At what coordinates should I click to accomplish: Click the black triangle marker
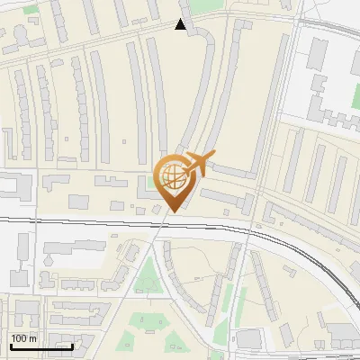[181, 25]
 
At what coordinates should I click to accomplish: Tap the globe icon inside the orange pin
[171, 176]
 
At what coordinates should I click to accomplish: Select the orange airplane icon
[199, 164]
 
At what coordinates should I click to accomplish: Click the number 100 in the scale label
[18, 338]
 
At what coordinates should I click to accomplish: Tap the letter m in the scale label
[32, 338]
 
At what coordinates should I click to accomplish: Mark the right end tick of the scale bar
[72, 346]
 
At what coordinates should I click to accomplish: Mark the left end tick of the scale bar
[10, 346]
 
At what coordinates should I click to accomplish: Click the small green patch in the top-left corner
[31, 9]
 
